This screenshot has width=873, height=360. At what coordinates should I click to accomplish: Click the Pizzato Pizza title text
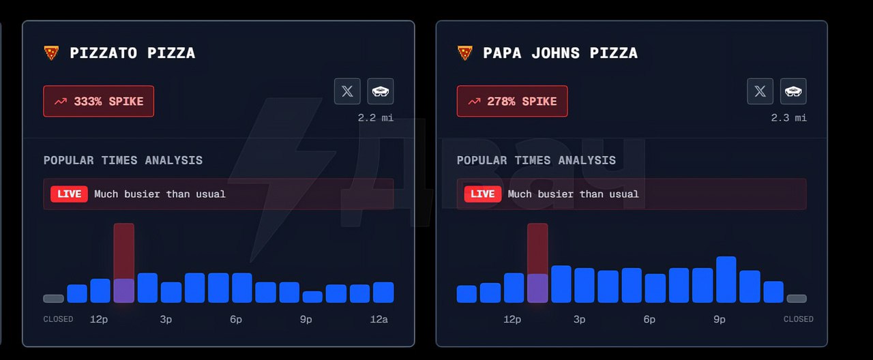tap(132, 53)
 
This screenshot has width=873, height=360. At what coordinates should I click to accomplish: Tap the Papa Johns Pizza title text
tap(560, 53)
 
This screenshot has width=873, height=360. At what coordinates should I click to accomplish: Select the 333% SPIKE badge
tap(99, 102)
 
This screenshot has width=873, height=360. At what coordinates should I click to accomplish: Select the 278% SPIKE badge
tap(512, 102)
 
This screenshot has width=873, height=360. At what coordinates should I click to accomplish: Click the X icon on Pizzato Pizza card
tap(347, 91)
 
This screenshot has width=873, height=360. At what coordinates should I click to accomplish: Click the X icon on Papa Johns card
tap(760, 91)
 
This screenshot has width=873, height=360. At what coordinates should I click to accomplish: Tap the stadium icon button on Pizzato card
tap(381, 91)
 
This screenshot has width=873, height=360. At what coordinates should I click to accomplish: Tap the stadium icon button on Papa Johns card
tap(794, 91)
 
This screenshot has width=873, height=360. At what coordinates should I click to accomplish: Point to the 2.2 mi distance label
tap(376, 118)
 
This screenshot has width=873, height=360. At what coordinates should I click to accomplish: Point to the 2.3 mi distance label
tap(789, 118)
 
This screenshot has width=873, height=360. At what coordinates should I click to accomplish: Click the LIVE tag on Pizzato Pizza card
tap(69, 194)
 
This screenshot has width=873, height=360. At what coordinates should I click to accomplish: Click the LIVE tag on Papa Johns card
tap(482, 194)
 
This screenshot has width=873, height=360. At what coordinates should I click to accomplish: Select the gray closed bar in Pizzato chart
tap(53, 299)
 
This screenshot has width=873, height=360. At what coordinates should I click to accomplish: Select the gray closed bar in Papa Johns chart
tap(797, 299)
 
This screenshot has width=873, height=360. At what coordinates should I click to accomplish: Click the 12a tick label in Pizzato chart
tap(379, 319)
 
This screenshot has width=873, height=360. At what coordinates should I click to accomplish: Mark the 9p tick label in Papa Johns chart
tap(720, 319)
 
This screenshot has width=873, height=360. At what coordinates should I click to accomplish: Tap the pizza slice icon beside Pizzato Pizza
tap(51, 53)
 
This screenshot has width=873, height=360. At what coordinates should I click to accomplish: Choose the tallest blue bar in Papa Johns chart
tap(726, 280)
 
